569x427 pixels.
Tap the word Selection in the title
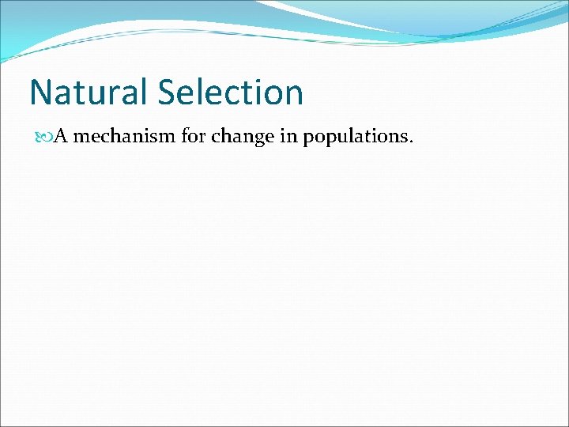coord(231,93)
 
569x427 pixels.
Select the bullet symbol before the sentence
coord(44,137)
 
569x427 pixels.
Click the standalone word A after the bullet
coord(60,136)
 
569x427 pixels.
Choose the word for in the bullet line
coord(192,136)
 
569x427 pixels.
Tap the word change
coord(239,137)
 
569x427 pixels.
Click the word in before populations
coord(285,136)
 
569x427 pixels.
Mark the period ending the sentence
coord(409,142)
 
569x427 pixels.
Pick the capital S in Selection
coord(168,93)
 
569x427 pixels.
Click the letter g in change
coord(255,139)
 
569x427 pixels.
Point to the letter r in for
coord(202,138)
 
